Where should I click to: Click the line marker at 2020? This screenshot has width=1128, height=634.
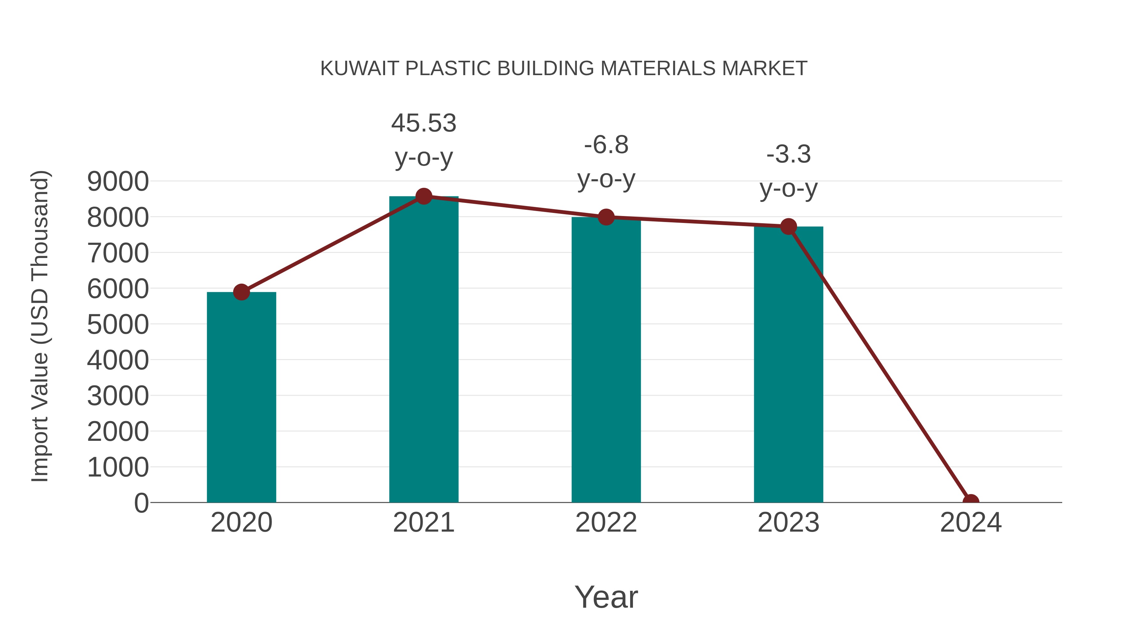tap(241, 292)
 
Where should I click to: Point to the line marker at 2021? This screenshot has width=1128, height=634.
tap(423, 196)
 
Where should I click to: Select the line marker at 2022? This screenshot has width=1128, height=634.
tap(606, 217)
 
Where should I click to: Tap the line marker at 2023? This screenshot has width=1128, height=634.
tap(788, 227)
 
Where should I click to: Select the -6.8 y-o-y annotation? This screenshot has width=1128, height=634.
tap(606, 162)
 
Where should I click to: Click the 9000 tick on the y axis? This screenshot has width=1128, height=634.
tap(118, 181)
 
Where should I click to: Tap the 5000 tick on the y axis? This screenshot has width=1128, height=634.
tap(118, 324)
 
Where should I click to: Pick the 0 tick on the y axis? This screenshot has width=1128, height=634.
tap(141, 503)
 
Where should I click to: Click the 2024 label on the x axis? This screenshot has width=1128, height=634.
tap(971, 523)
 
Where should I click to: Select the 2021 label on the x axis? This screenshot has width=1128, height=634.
tap(423, 523)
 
